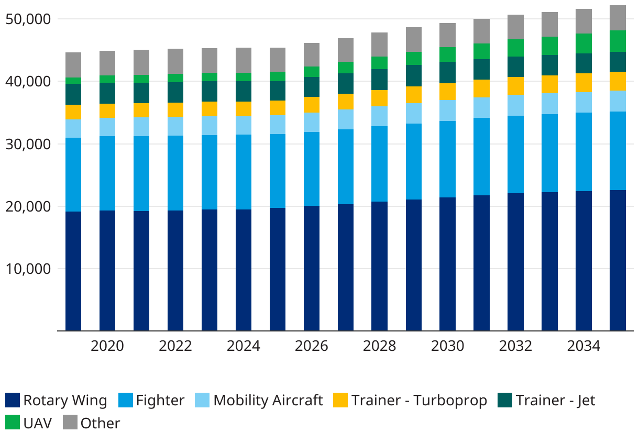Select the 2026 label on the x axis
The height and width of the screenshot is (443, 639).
pyautogui.click(x=312, y=346)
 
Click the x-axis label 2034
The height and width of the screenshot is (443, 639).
pyautogui.click(x=583, y=346)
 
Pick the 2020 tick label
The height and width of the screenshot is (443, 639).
pyautogui.click(x=107, y=346)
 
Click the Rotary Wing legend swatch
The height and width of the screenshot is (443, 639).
pyautogui.click(x=13, y=401)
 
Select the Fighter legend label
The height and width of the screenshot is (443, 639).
pyautogui.click(x=160, y=401)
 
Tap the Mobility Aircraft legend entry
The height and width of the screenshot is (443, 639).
pyautogui.click(x=268, y=401)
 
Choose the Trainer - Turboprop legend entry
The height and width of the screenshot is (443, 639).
pyautogui.click(x=419, y=401)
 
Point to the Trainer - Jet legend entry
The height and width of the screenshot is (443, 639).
pyautogui.click(x=555, y=401)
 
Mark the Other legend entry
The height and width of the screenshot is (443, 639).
pyautogui.click(x=100, y=423)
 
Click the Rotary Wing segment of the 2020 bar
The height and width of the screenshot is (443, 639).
pyautogui.click(x=107, y=270)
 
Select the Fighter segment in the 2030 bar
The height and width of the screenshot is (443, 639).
pyautogui.click(x=447, y=159)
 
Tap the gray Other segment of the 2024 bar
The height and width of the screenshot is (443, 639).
pyautogui.click(x=244, y=60)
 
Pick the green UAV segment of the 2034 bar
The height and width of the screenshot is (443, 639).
pyautogui.click(x=583, y=43)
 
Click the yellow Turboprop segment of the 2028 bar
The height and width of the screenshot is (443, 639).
pyautogui.click(x=380, y=98)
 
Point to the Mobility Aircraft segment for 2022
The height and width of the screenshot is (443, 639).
pyautogui.click(x=175, y=126)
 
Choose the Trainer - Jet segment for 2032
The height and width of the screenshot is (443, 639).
pyautogui.click(x=515, y=67)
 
